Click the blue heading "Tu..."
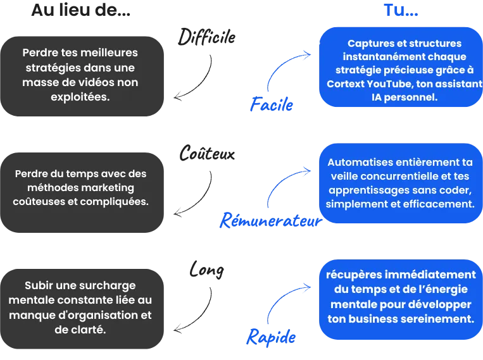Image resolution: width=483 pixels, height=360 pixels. tap(401, 11)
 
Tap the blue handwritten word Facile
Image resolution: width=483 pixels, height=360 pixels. tap(271, 106)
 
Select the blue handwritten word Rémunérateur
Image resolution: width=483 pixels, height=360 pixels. tap(268, 222)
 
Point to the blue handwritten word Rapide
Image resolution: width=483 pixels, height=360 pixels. tap(271, 336)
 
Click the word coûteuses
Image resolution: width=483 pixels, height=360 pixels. tap(37, 202)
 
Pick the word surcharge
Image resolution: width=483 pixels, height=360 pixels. tap(107, 285)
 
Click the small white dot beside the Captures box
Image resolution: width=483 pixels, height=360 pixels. tap(316, 44)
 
